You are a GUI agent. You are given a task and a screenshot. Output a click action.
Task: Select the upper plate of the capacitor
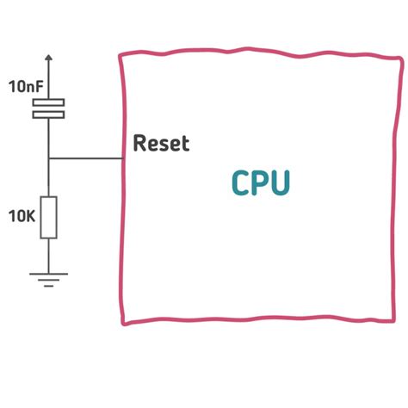tap(48, 103)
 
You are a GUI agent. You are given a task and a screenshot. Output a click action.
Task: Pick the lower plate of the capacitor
tap(48, 113)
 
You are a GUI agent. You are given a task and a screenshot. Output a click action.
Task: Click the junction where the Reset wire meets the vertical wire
tap(48, 158)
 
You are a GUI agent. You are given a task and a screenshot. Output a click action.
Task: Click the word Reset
tap(161, 144)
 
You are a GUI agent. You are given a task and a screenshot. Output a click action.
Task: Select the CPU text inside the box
tap(261, 183)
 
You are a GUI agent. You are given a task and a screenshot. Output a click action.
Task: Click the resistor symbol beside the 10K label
tap(48, 216)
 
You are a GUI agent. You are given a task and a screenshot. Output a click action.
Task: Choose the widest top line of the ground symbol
tap(48, 273)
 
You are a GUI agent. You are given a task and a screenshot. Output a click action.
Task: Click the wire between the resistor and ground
tap(48, 255)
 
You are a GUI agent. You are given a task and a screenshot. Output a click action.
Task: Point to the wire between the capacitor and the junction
tap(48, 136)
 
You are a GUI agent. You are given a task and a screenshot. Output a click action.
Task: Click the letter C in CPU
tap(242, 183)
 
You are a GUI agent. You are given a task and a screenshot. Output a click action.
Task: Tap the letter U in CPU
tap(281, 183)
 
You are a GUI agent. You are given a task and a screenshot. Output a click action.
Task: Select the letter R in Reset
tap(139, 144)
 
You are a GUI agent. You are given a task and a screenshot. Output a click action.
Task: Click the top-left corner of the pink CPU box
tap(121, 55)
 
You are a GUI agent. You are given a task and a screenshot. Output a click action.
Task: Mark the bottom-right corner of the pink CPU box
tap(399, 322)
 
